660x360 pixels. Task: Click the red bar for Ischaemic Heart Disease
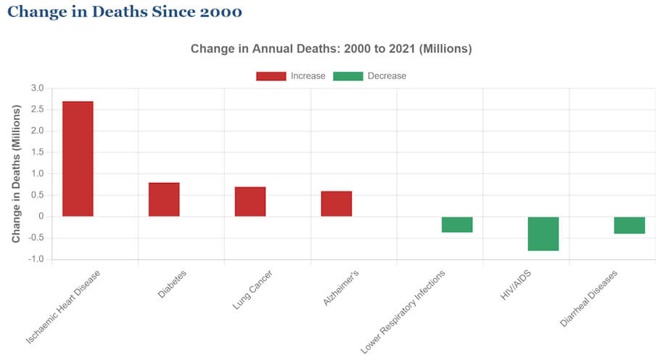(x=78, y=158)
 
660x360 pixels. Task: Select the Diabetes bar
(x=164, y=200)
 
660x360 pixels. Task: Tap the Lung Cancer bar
(x=250, y=202)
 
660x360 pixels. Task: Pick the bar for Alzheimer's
(x=337, y=204)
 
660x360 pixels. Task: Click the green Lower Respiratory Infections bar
(x=457, y=224)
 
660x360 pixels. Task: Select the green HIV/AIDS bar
(x=543, y=234)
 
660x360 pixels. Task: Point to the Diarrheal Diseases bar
(x=630, y=225)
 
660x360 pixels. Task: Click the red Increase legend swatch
(x=271, y=76)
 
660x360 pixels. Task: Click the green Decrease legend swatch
(x=347, y=76)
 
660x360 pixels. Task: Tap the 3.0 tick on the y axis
(x=37, y=89)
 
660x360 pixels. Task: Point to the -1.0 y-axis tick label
(x=36, y=259)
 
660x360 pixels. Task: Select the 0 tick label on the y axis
(x=41, y=216)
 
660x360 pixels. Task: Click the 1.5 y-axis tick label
(x=37, y=152)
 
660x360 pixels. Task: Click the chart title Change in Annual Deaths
(x=331, y=49)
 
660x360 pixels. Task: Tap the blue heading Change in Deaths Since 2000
(x=124, y=12)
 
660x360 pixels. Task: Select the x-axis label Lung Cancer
(x=249, y=290)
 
